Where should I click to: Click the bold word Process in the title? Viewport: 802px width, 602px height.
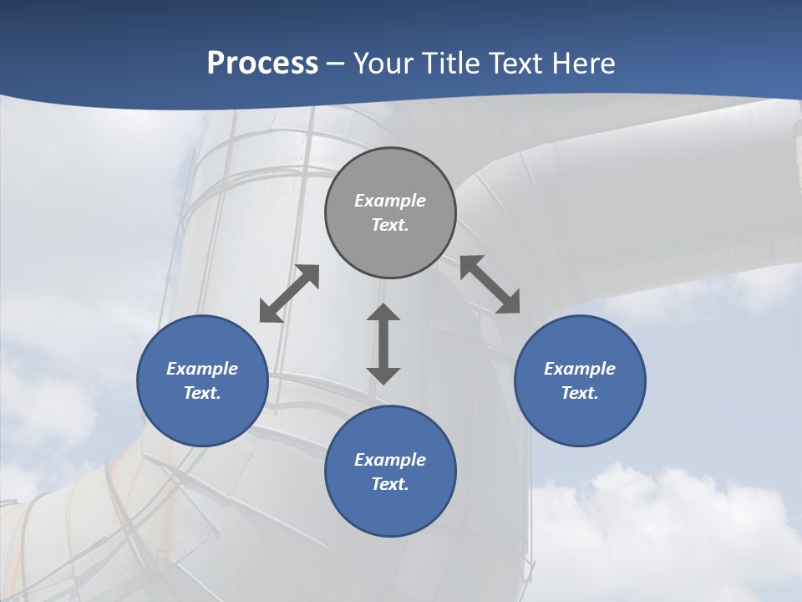click(262, 64)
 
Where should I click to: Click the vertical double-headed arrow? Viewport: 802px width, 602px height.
click(383, 344)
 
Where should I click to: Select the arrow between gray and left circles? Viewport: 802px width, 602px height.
click(289, 293)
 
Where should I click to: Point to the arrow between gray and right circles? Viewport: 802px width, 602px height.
click(490, 284)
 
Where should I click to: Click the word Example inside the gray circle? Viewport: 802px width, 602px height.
click(390, 201)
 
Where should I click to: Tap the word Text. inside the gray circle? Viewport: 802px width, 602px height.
click(390, 225)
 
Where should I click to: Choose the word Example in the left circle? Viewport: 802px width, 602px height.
click(202, 369)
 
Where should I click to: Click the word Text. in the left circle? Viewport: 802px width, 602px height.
click(202, 393)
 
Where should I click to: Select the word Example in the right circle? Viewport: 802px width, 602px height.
click(580, 369)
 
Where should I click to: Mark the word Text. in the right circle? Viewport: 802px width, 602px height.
click(580, 393)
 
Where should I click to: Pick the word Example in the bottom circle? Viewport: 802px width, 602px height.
click(390, 460)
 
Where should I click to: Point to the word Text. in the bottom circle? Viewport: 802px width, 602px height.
click(390, 484)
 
